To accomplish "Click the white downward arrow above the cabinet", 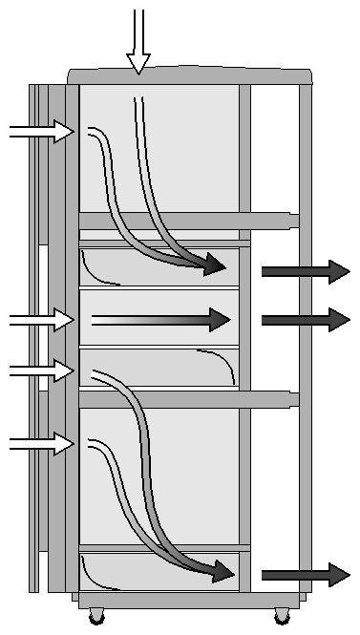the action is tap(139, 43).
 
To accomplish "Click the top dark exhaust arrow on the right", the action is tap(306, 271).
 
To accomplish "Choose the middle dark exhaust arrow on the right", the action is tap(306, 320).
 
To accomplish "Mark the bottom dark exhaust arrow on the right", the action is tap(306, 574).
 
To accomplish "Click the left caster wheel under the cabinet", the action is tap(97, 616).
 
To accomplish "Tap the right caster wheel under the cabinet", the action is tap(281, 616).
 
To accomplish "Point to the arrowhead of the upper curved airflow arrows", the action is tap(216, 266).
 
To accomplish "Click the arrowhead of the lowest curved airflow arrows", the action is tap(222, 572).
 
